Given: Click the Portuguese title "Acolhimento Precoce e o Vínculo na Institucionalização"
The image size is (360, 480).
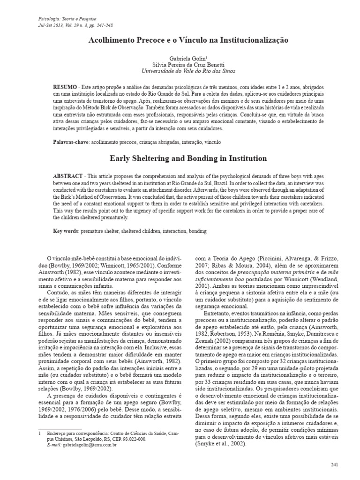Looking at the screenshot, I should click(188, 41).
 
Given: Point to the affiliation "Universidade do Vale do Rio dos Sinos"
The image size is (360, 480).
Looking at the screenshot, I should click(188, 71).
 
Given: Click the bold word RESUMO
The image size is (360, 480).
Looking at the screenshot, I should click(66, 88).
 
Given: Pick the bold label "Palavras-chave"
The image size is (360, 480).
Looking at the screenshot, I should click(69, 141).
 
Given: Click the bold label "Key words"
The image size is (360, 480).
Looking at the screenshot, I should click(66, 231).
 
